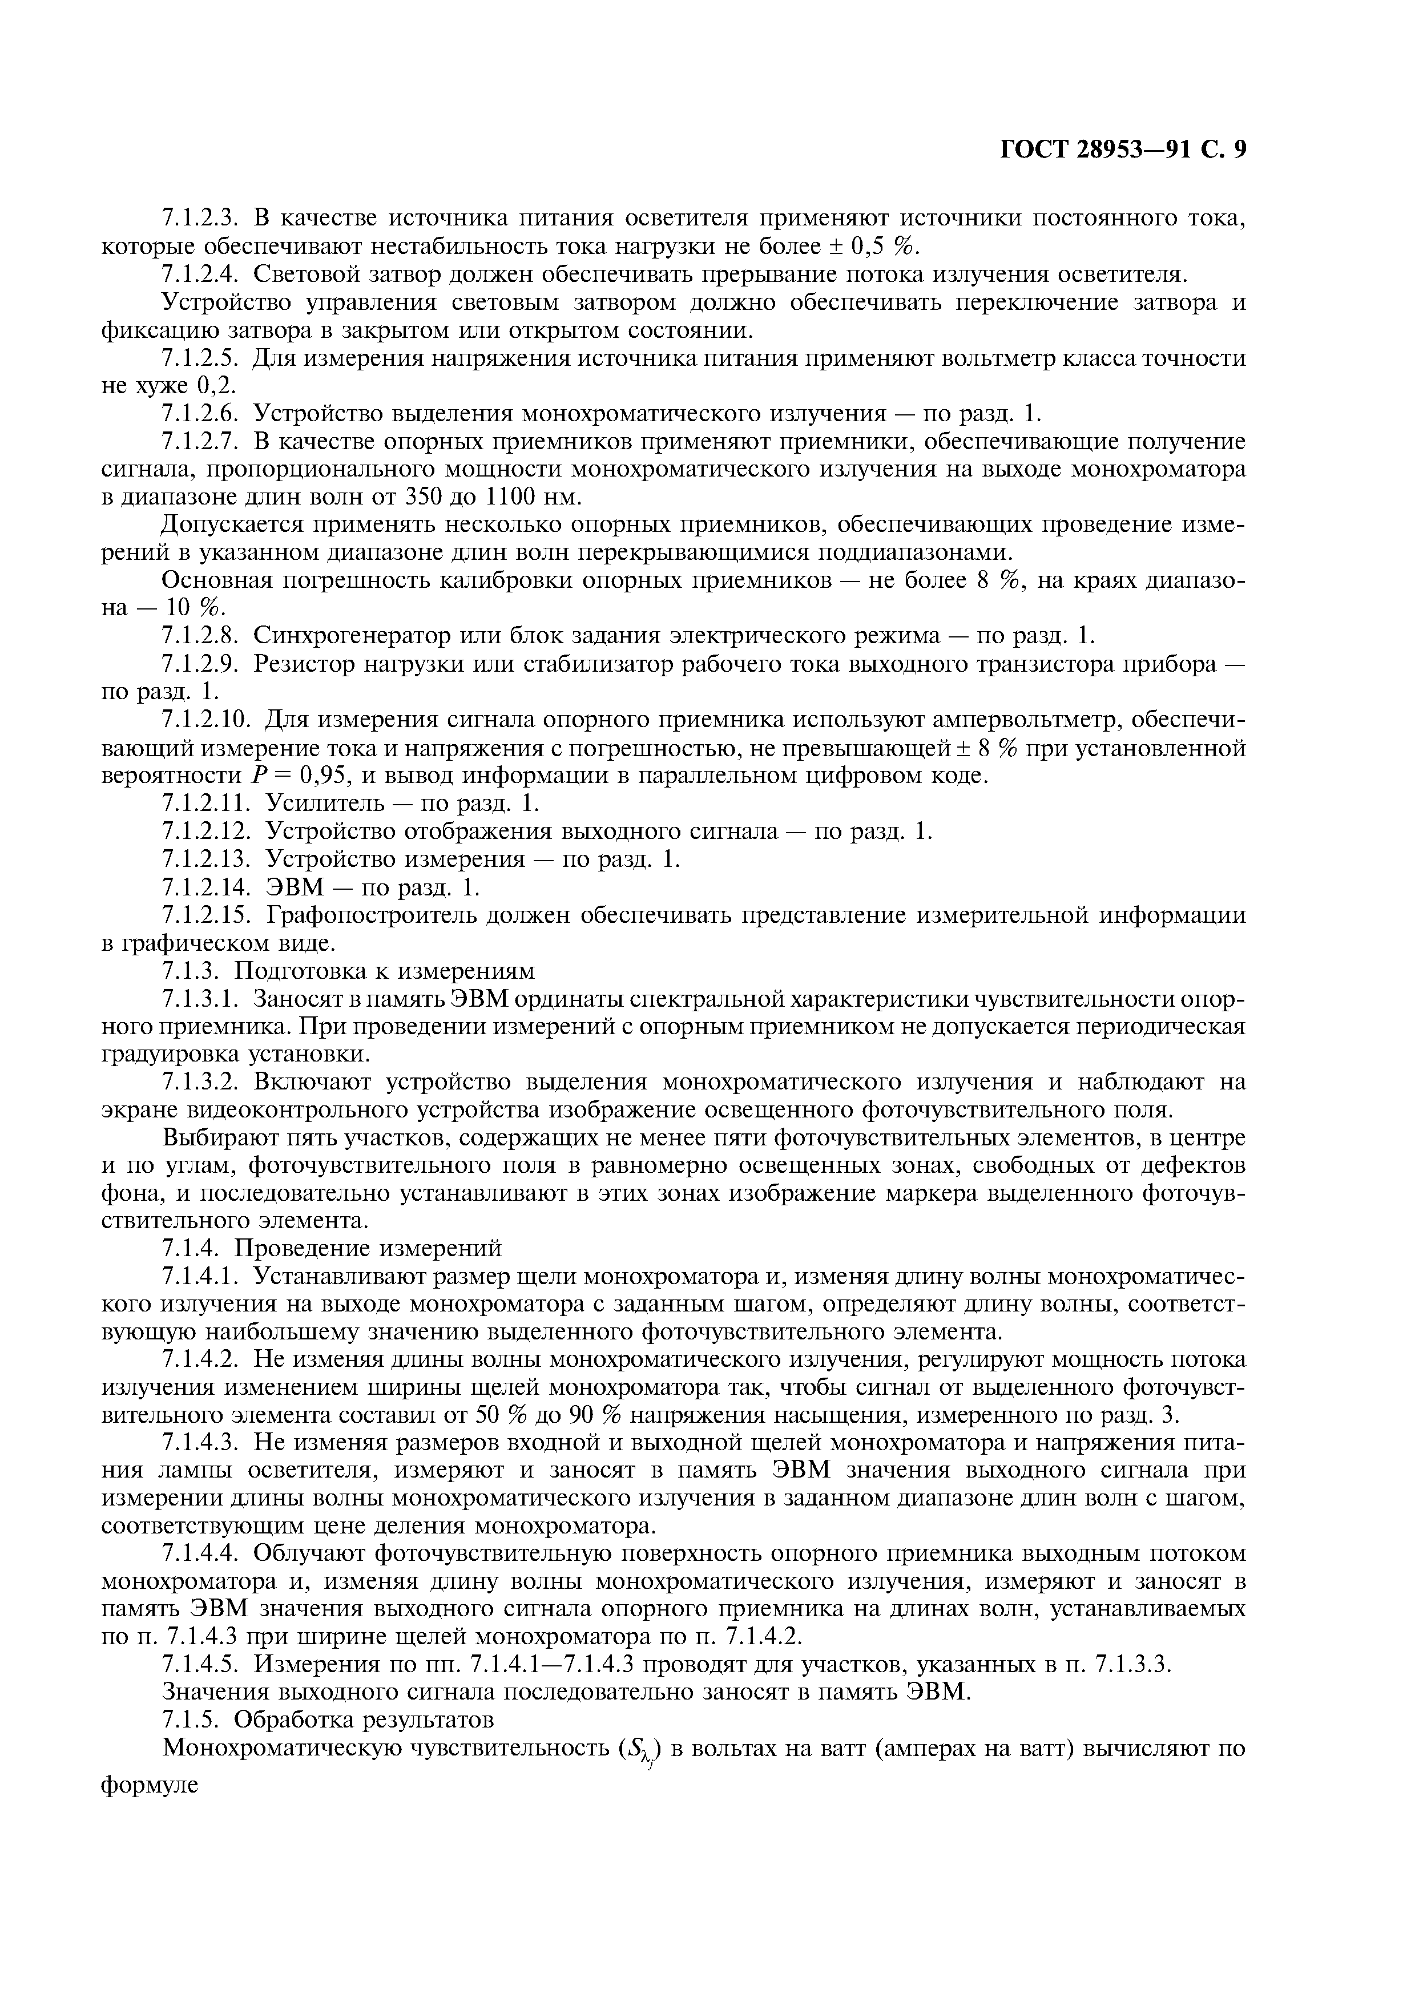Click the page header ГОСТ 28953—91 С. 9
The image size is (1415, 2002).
[x=1122, y=150]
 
